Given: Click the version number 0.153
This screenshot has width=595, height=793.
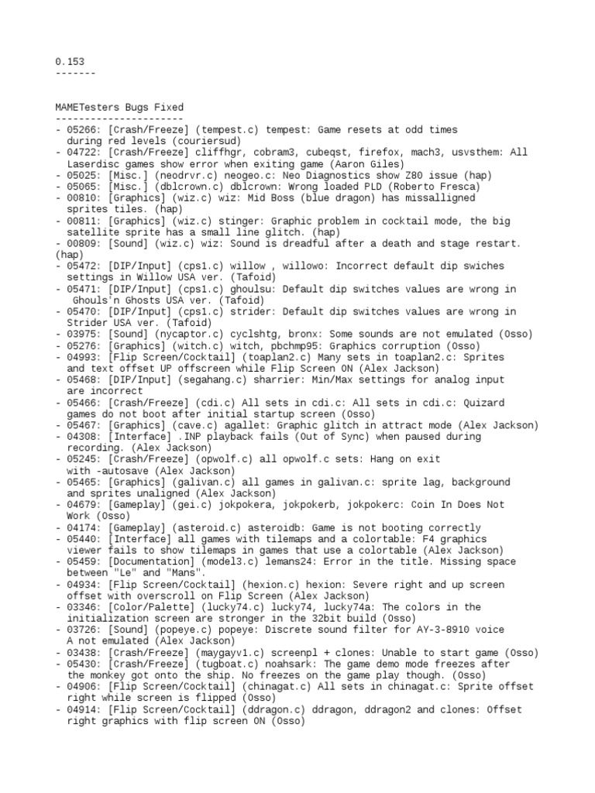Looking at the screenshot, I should tap(70, 61).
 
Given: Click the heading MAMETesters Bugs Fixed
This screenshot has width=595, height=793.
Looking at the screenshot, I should tap(120, 107).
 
